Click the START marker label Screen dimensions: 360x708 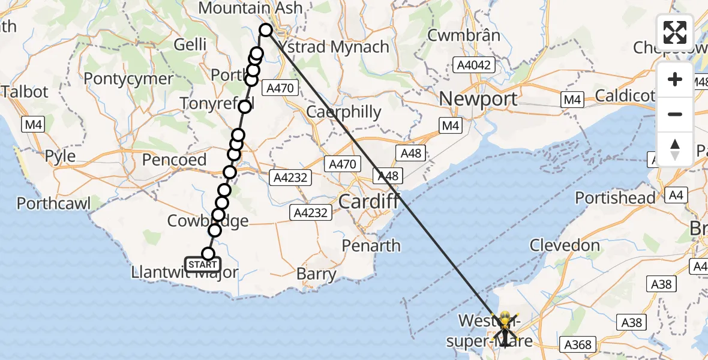[203, 265]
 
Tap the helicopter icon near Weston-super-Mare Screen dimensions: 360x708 [504, 325]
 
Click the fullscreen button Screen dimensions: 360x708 [675, 32]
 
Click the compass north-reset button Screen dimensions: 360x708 [675, 149]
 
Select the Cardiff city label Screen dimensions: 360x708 [368, 202]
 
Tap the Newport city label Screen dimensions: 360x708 [478, 98]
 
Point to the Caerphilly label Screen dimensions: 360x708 [343, 112]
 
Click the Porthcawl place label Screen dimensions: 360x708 [53, 203]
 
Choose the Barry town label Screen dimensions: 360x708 [316, 275]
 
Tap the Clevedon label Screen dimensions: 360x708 [565, 245]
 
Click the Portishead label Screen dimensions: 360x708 [615, 197]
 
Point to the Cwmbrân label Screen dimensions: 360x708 [463, 35]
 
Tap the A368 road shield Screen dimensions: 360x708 [578, 344]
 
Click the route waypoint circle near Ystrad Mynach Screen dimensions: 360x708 [266, 30]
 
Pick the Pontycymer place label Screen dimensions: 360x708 [128, 78]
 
